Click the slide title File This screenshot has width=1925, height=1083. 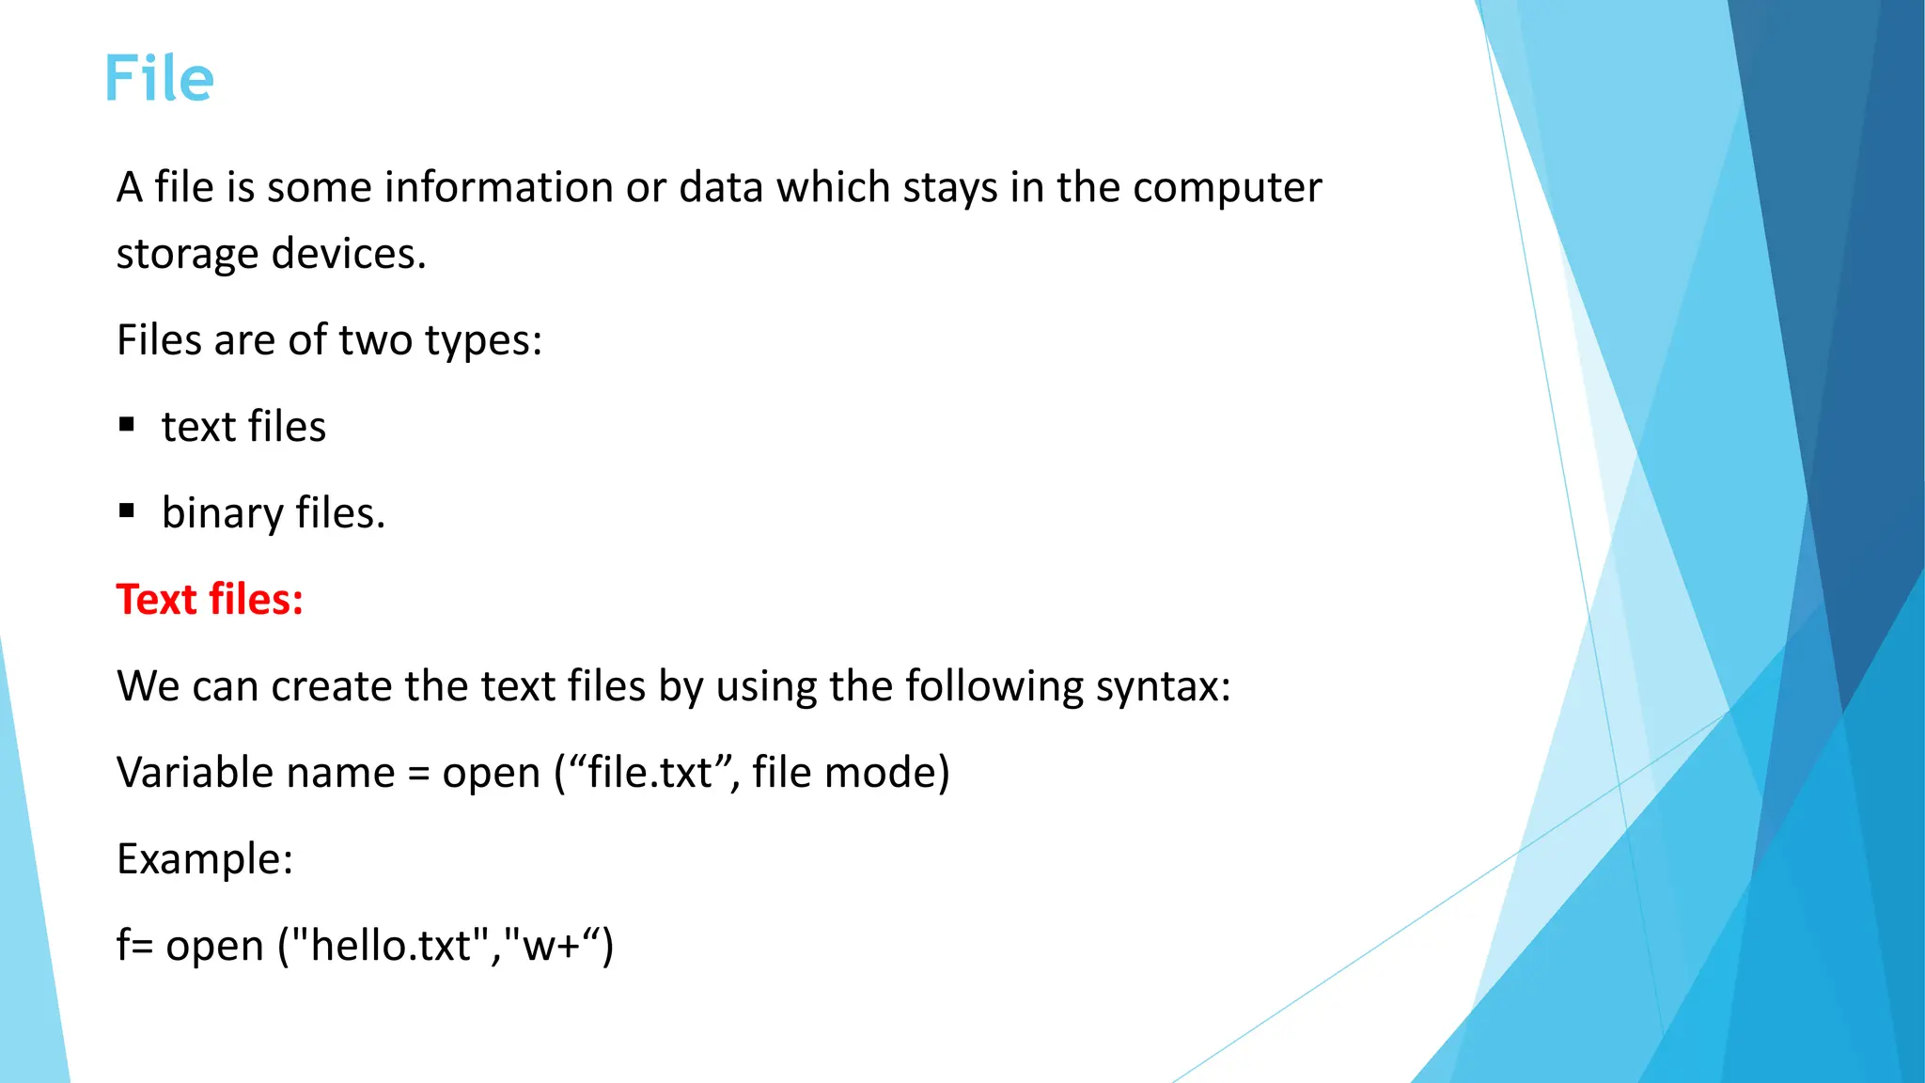pyautogui.click(x=159, y=78)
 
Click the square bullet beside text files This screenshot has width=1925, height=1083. pyautogui.click(x=128, y=425)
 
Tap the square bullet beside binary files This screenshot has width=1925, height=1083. pyautogui.click(x=128, y=511)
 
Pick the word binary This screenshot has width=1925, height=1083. pyautogui.click(x=223, y=514)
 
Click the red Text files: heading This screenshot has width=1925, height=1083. pyautogui.click(x=210, y=600)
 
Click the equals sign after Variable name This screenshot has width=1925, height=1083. pyautogui.click(x=418, y=774)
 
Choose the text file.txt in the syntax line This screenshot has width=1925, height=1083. pyautogui.click(x=649, y=773)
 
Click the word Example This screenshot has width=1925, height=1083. pyautogui.click(x=204, y=859)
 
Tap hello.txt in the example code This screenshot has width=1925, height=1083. pyautogui.click(x=391, y=945)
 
